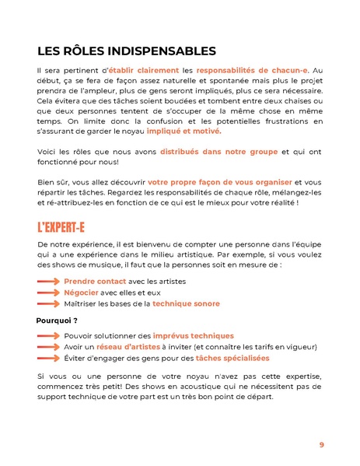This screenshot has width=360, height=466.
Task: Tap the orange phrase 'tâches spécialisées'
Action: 232,358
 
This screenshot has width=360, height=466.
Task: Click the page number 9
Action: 321,445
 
